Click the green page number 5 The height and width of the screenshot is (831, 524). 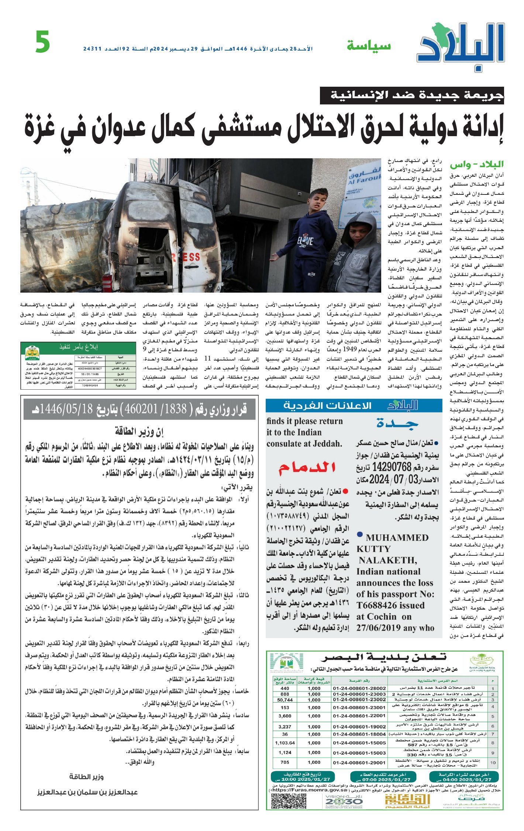pos(43,42)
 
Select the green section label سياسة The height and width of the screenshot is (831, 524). pos(368,46)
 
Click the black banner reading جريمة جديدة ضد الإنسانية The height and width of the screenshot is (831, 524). pos(412,96)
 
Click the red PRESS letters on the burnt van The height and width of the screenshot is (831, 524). pos(184,257)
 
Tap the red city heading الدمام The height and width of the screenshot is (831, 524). pos(307,468)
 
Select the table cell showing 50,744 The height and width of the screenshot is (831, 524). pos(285,700)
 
